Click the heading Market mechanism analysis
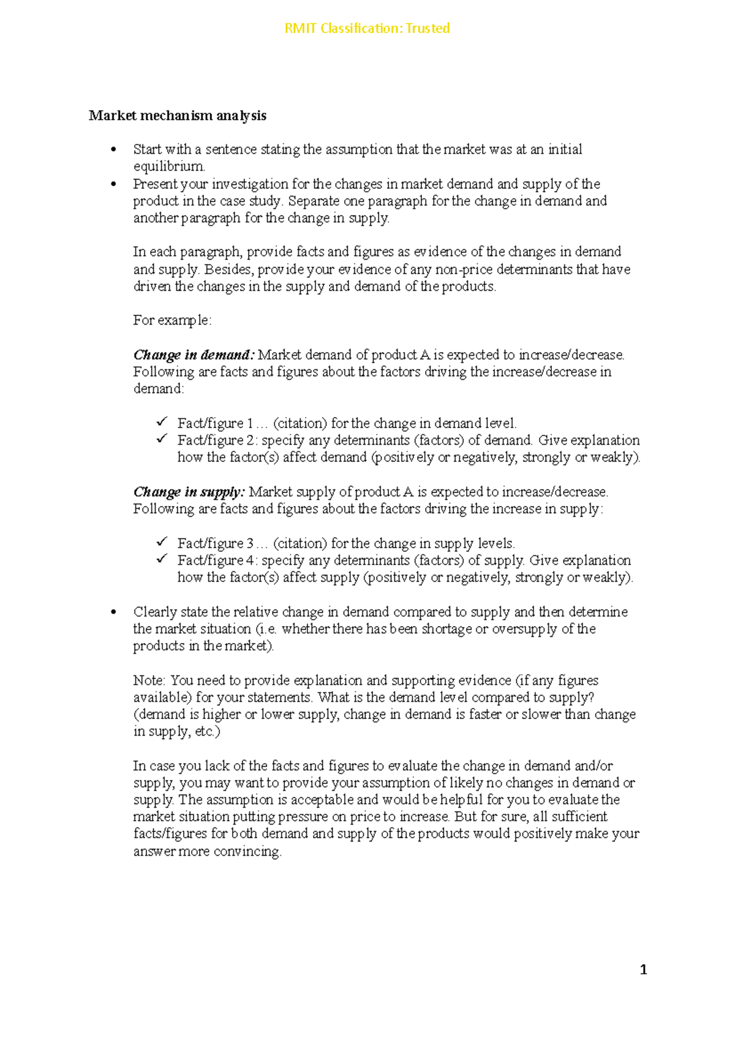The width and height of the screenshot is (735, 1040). (177, 116)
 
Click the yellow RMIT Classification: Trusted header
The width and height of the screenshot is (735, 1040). (367, 28)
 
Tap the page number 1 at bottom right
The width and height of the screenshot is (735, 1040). (643, 970)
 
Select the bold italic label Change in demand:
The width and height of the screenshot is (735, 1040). (194, 355)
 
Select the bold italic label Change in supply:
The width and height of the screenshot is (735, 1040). (189, 492)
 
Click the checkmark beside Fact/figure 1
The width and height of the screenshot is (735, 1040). (162, 422)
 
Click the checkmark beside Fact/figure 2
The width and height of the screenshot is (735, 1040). (162, 439)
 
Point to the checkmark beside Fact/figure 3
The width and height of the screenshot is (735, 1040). (162, 542)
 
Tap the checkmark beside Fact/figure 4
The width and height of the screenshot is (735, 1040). (162, 559)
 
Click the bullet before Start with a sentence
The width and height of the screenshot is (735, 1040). (113, 150)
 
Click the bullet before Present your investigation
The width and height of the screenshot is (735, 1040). (113, 184)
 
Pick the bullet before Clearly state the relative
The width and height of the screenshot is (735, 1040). (113, 612)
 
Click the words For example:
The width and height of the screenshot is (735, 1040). (172, 321)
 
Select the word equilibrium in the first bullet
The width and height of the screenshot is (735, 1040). (169, 167)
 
